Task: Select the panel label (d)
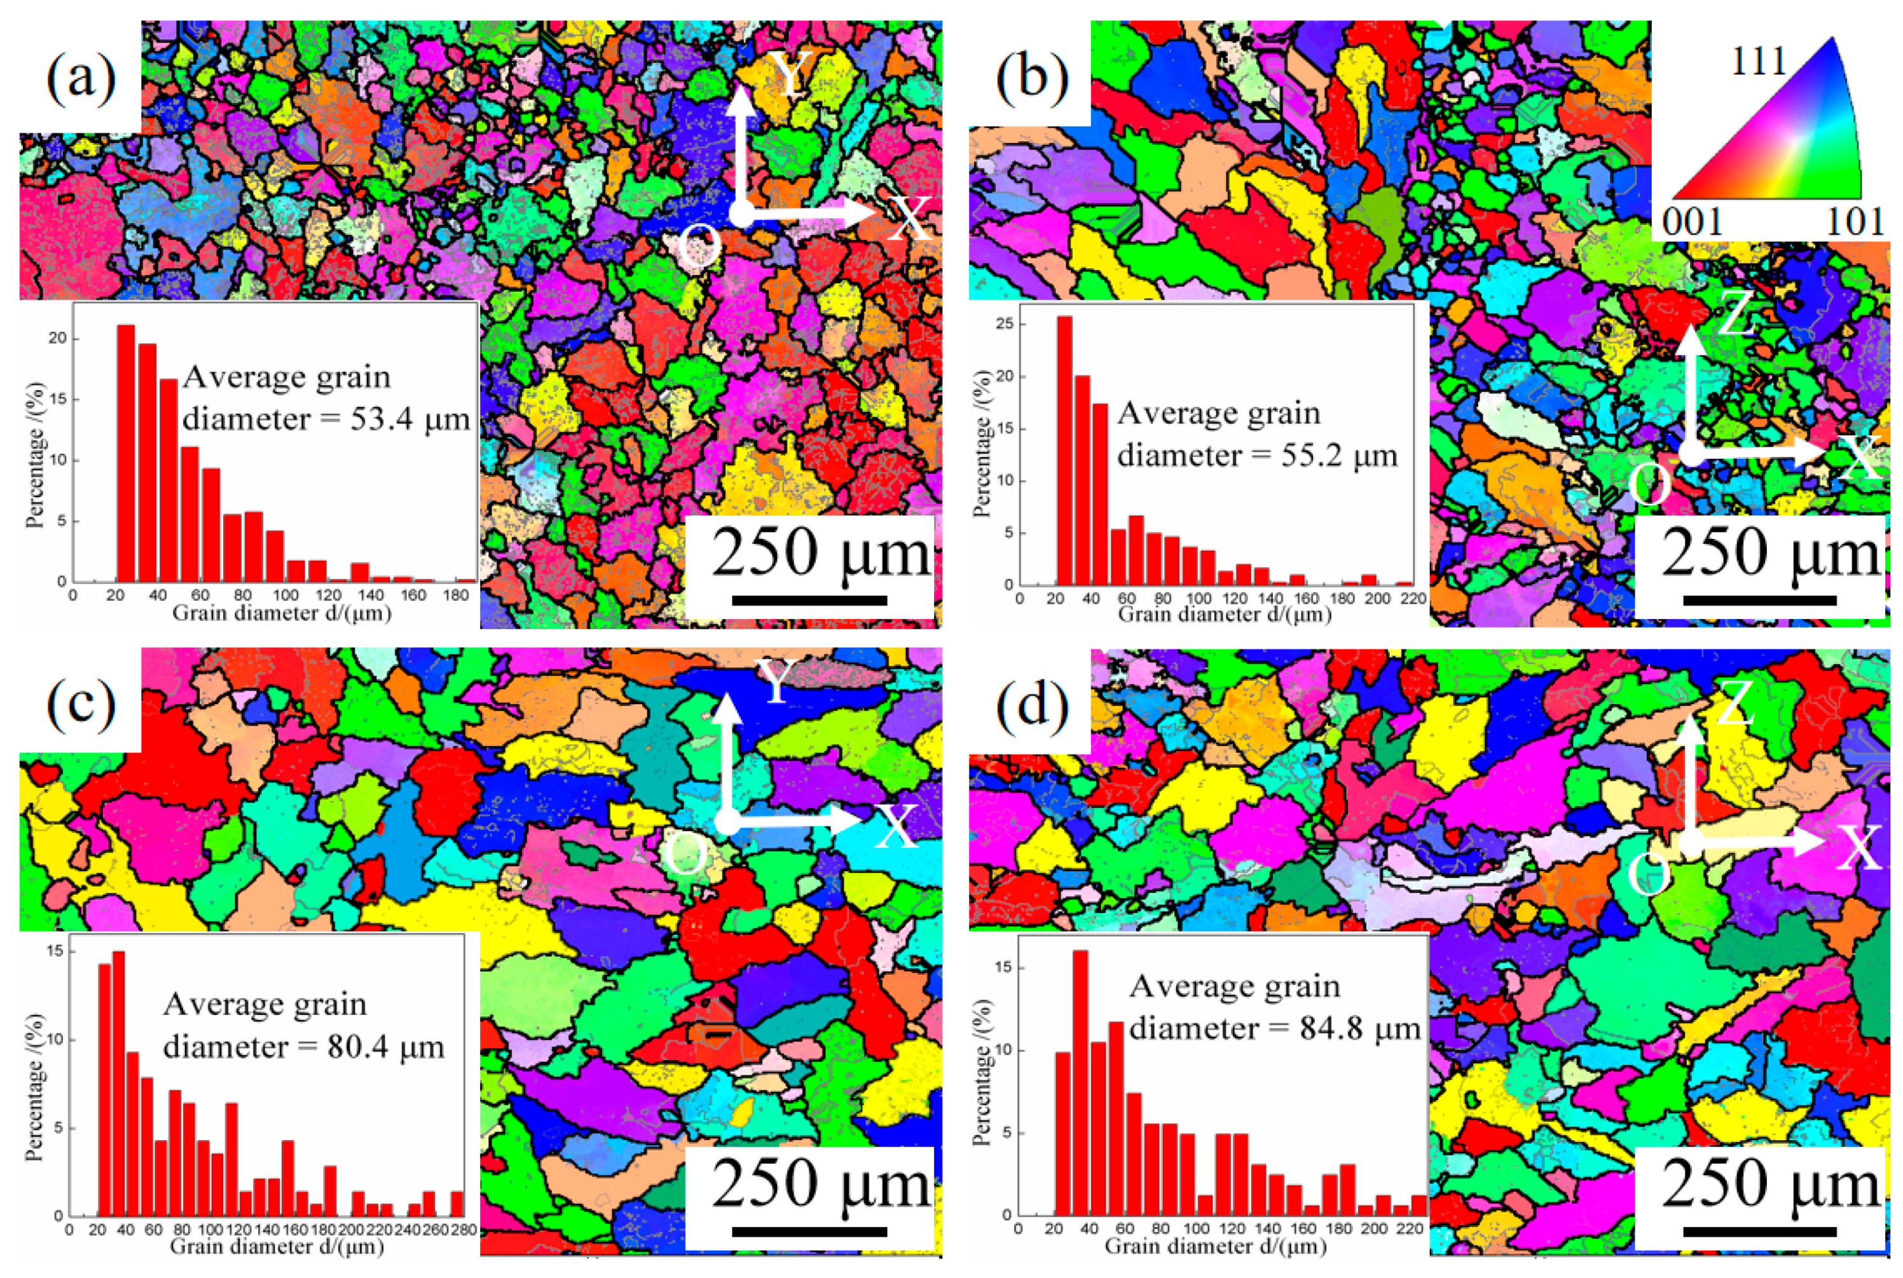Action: coord(1032,705)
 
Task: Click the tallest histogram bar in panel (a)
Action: coord(125,452)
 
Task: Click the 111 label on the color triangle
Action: coord(1758,62)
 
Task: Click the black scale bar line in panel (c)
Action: coord(809,1232)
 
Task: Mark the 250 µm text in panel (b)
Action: coord(1770,554)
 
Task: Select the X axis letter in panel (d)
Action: coord(1860,848)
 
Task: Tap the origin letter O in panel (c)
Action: coord(684,856)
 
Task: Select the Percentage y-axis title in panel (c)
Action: coord(34,1088)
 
